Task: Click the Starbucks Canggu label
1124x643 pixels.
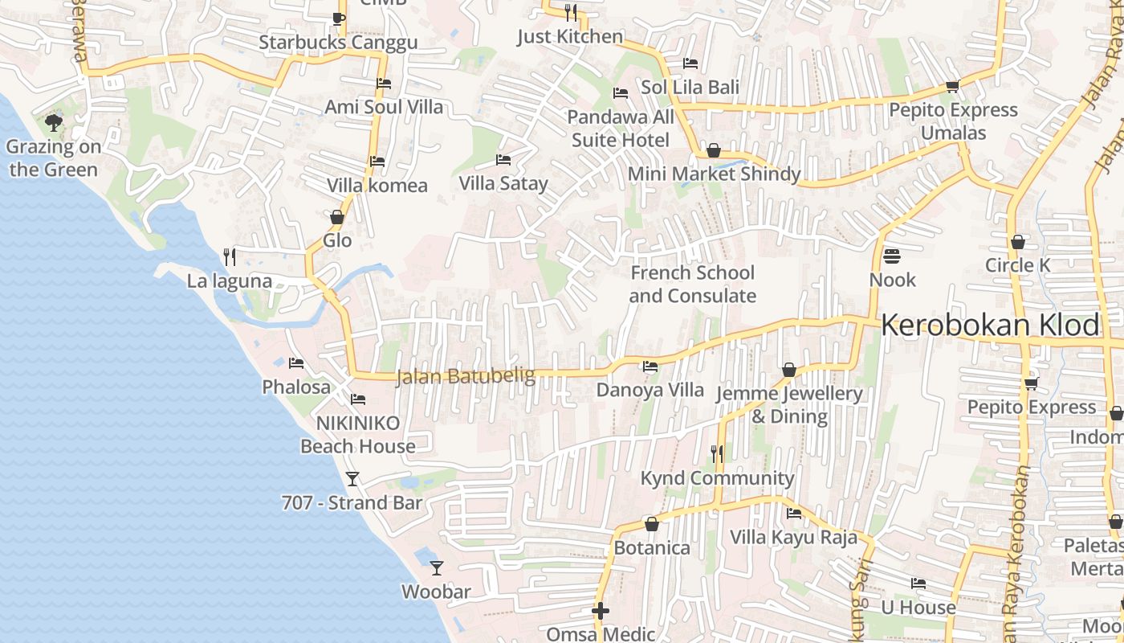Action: point(338,43)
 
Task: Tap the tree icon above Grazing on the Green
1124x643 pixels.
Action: point(54,123)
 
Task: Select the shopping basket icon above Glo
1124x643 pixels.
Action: point(337,217)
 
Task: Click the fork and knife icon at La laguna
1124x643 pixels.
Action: point(230,256)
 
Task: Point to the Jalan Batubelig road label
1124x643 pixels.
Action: point(466,376)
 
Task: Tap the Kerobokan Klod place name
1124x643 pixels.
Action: point(990,326)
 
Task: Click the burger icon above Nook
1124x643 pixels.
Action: point(892,256)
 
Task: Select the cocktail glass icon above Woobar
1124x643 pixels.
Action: point(436,568)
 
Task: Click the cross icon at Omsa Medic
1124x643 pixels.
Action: point(601,611)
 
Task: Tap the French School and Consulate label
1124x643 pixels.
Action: point(692,285)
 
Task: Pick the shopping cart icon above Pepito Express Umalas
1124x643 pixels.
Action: point(953,86)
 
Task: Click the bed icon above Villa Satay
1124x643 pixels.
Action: point(503,160)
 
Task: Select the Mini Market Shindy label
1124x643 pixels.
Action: point(714,174)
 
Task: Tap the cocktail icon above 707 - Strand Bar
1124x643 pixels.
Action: point(352,479)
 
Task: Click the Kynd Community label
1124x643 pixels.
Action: point(717,478)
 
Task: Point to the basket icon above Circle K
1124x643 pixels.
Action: point(1018,241)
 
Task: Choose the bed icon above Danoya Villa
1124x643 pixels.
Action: point(650,367)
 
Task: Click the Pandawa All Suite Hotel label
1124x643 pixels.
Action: point(621,129)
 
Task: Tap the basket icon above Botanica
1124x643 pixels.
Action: point(652,524)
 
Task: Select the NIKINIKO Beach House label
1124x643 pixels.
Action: point(358,435)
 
